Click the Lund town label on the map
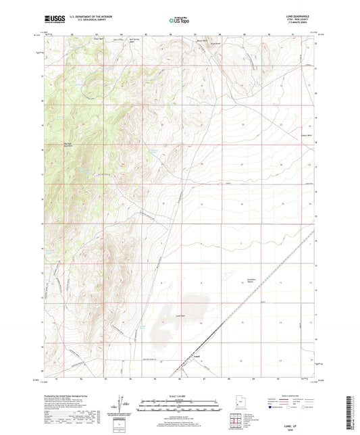point(197,356)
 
